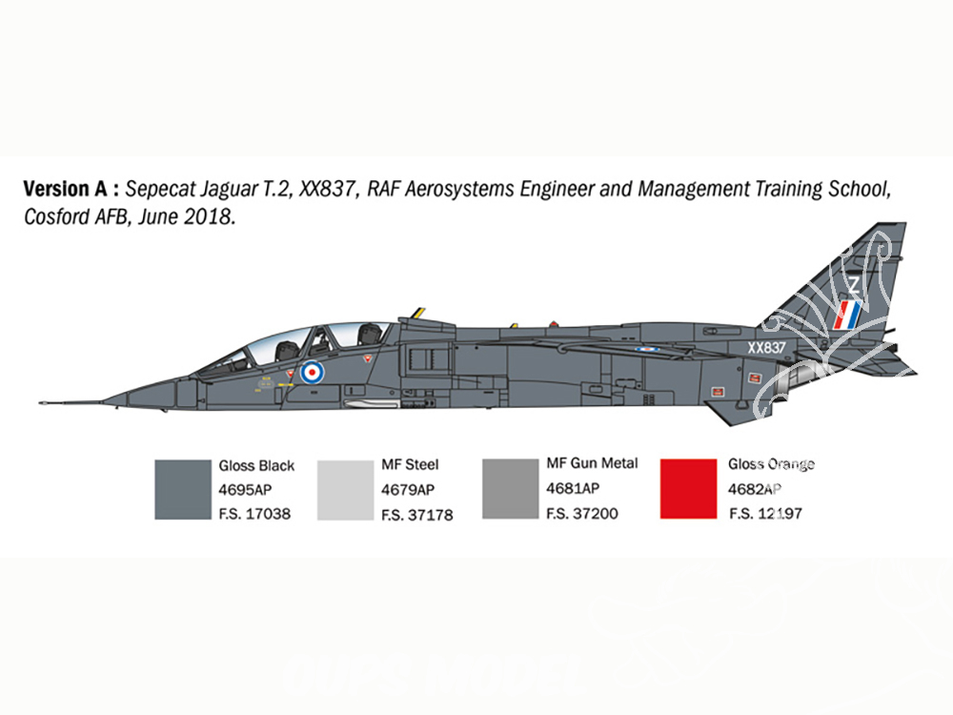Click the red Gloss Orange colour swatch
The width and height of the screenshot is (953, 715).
[x=688, y=489]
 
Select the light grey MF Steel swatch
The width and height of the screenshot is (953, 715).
[x=345, y=490]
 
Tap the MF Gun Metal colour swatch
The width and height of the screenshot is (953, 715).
[x=510, y=489]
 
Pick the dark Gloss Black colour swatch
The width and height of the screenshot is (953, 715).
[x=183, y=489]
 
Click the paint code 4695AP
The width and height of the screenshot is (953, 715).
[x=245, y=489]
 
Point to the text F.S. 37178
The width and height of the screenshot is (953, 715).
[x=417, y=515]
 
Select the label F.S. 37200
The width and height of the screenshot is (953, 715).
[x=581, y=514]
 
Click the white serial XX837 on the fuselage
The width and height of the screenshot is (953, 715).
[x=766, y=348]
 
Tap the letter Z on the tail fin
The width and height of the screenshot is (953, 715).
[x=854, y=284]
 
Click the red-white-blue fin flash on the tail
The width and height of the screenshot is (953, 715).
[x=847, y=315]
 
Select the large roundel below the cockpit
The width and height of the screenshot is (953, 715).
[x=312, y=372]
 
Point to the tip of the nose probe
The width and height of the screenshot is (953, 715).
[x=39, y=402]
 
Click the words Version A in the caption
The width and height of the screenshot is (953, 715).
[x=66, y=189]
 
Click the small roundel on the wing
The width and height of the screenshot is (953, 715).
[x=647, y=350]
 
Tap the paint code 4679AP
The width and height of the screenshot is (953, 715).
[x=408, y=490]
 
